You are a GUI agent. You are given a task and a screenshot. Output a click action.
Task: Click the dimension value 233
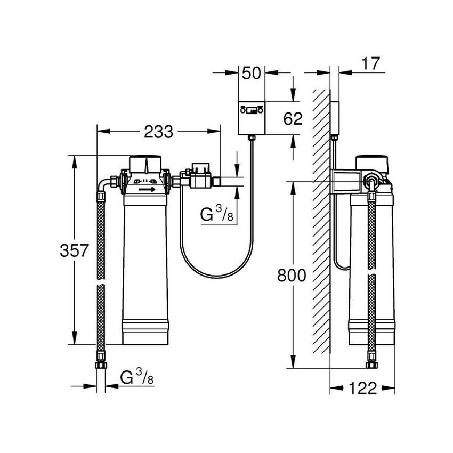[x=158, y=131]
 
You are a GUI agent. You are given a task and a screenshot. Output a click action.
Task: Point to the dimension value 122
[x=363, y=388]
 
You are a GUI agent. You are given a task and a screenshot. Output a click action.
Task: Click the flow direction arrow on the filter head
[x=147, y=189]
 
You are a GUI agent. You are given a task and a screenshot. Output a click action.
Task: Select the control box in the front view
[x=252, y=118]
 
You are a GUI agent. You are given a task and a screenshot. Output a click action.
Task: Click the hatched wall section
[x=321, y=224]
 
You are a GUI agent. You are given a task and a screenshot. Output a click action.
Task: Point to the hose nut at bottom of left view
[x=100, y=366]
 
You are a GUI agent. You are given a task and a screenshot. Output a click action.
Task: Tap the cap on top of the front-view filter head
[x=145, y=161]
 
